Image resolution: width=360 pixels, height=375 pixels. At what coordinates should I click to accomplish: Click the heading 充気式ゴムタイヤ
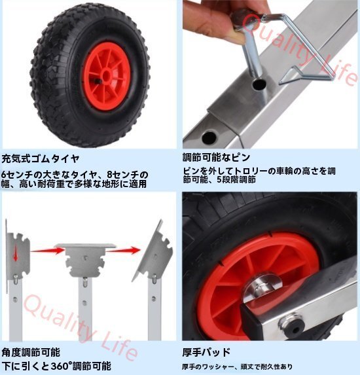click(41, 158)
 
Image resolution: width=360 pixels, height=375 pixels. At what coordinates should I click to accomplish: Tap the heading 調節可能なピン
click(217, 157)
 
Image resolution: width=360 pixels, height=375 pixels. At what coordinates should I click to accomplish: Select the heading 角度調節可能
click(31, 352)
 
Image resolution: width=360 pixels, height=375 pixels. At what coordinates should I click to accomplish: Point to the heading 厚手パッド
click(206, 352)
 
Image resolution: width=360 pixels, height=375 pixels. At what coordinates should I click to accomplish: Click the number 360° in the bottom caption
click(62, 366)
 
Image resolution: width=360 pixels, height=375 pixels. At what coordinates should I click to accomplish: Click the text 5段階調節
click(236, 179)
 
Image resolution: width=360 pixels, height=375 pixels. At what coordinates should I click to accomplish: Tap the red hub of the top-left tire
click(107, 77)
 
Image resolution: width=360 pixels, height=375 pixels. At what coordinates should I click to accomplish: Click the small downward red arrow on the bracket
click(15, 253)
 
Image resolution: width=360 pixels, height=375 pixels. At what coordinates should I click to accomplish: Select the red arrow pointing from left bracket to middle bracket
click(48, 251)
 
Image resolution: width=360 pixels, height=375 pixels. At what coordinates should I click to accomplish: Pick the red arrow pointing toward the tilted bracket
click(123, 250)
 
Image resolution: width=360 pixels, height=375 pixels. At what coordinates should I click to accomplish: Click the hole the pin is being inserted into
click(259, 84)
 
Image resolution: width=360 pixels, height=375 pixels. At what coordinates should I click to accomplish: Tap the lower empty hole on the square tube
click(209, 137)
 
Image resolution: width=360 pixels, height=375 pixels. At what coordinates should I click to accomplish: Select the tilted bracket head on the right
click(154, 250)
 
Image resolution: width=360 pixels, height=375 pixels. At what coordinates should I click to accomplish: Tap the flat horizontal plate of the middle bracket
click(86, 246)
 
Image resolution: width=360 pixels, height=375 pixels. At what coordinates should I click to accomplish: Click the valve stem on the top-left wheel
click(97, 81)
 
